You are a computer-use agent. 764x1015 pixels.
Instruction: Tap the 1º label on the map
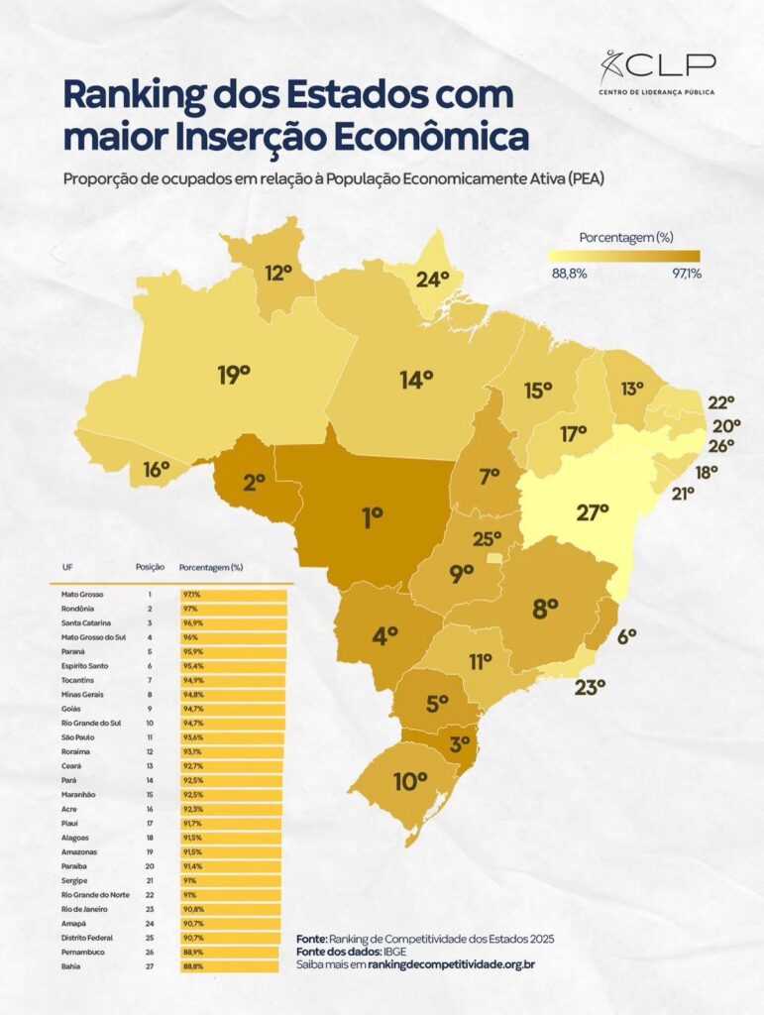click(x=373, y=515)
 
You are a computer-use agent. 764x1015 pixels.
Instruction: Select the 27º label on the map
click(x=592, y=512)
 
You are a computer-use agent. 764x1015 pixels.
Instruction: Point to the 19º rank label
click(x=234, y=374)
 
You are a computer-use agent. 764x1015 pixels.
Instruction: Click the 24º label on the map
click(x=433, y=279)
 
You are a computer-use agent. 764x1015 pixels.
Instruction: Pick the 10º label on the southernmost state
click(x=409, y=781)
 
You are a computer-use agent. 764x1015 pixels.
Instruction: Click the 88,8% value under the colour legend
click(x=570, y=274)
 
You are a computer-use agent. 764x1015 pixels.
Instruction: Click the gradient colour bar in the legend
click(x=624, y=255)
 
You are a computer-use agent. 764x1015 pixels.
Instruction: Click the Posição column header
click(x=149, y=568)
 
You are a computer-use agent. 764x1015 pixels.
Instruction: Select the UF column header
click(x=67, y=568)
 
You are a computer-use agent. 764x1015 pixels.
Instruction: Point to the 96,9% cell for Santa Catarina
click(x=190, y=621)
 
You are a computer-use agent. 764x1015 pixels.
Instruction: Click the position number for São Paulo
click(x=149, y=737)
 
